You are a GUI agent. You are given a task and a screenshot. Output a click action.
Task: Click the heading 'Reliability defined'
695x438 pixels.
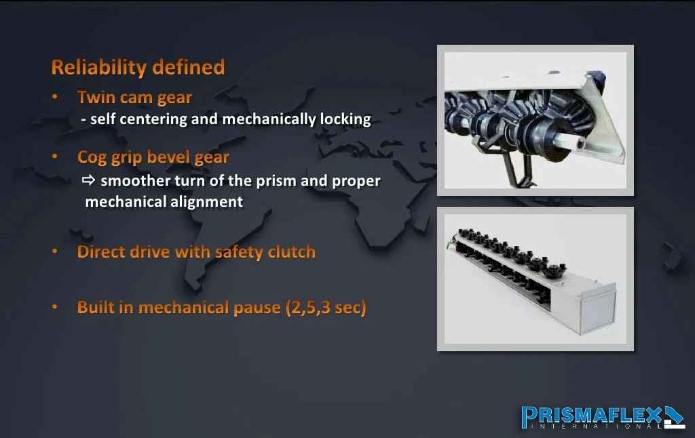[138, 67]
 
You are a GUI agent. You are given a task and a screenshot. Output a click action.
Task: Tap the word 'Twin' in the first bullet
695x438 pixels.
[96, 97]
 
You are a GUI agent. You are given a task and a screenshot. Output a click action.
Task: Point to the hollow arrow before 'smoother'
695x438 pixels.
[89, 180]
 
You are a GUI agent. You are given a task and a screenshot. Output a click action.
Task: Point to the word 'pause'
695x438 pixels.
[257, 308]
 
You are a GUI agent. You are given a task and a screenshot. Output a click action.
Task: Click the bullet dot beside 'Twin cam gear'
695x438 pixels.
[55, 96]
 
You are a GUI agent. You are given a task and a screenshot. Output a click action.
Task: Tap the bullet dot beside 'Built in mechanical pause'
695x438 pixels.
[55, 307]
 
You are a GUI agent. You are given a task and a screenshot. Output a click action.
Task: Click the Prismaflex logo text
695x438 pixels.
[592, 415]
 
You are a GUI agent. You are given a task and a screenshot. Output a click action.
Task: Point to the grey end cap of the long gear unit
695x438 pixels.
[598, 311]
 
